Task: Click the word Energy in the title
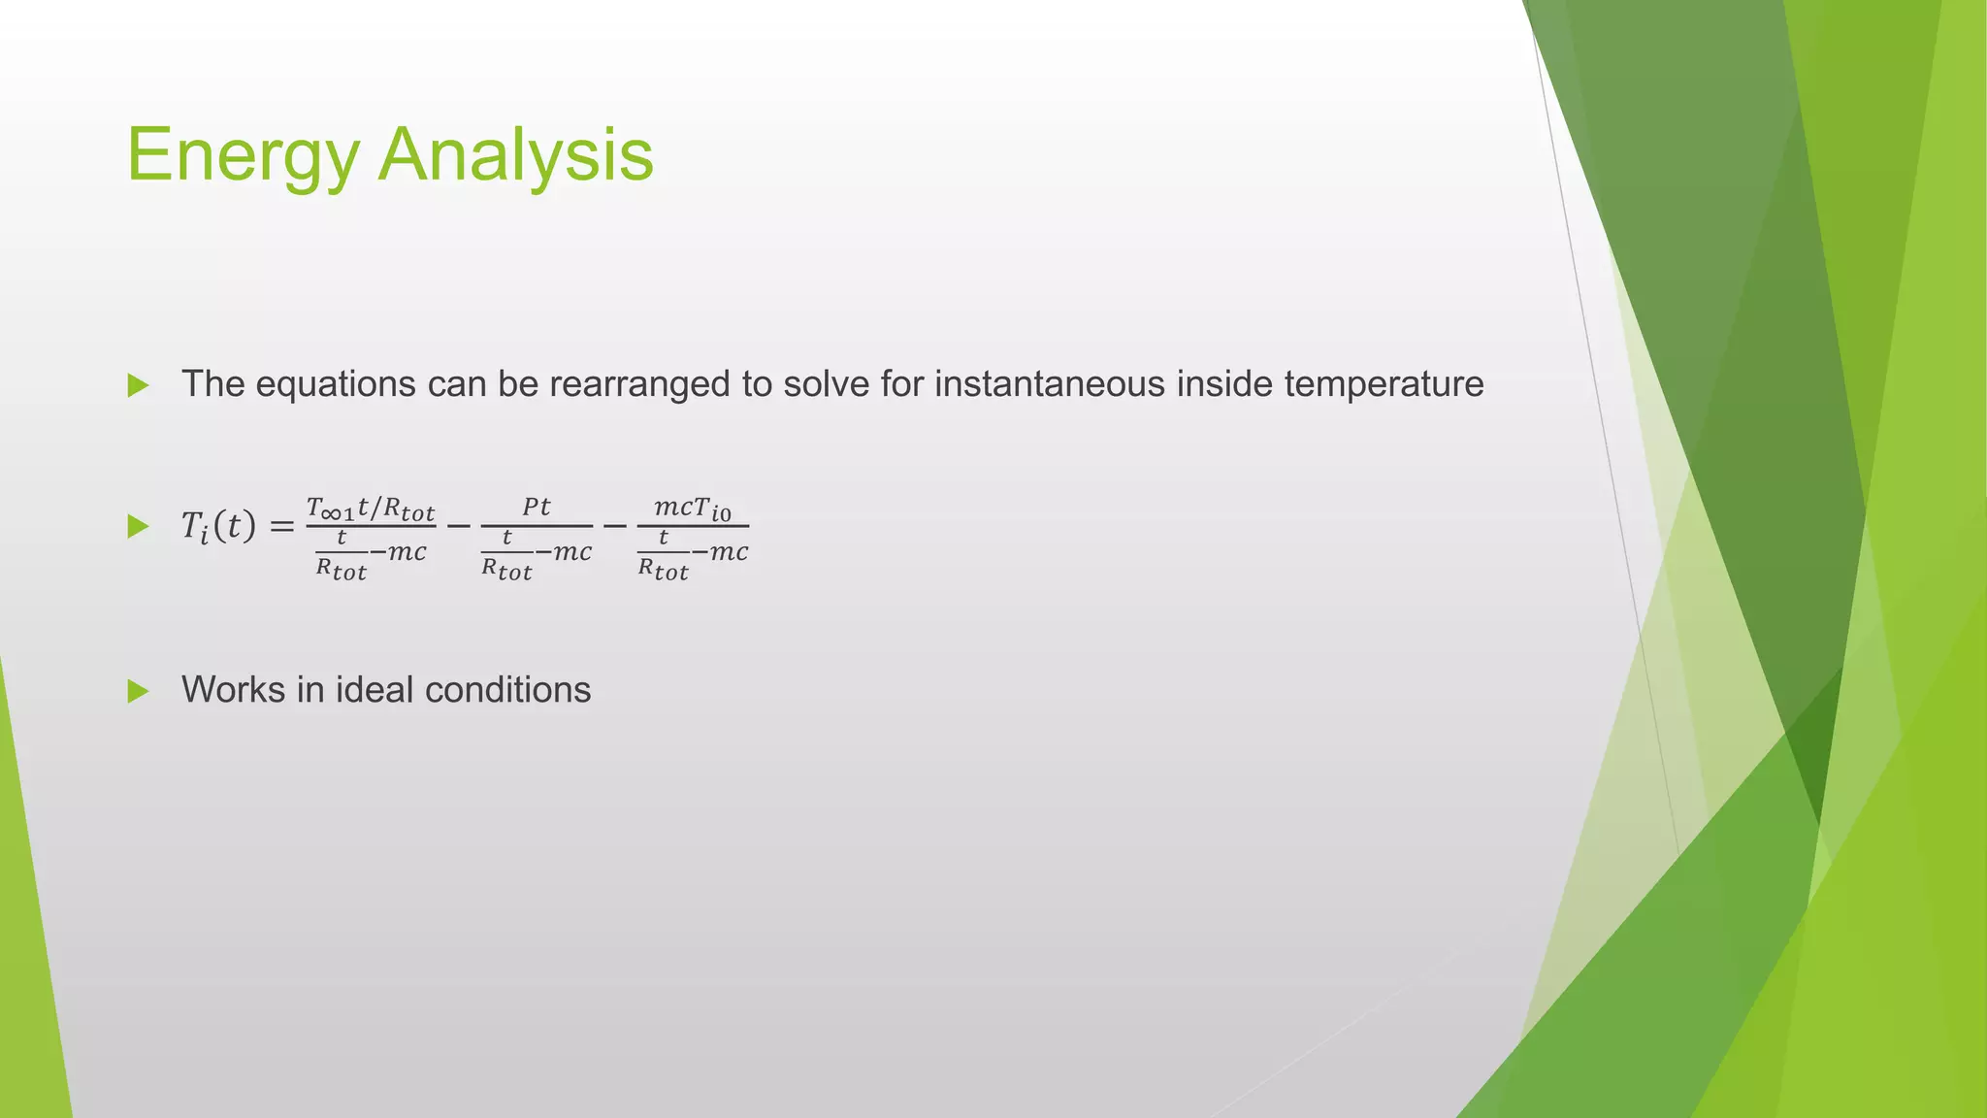(243, 155)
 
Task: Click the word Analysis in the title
(516, 155)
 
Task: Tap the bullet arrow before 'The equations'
(138, 386)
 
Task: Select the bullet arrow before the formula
(138, 527)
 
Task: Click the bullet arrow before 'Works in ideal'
(138, 692)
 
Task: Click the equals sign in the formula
(280, 528)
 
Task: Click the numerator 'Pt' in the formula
(537, 508)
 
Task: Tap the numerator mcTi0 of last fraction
(693, 508)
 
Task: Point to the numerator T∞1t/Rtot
(371, 509)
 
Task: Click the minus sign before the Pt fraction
(458, 527)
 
